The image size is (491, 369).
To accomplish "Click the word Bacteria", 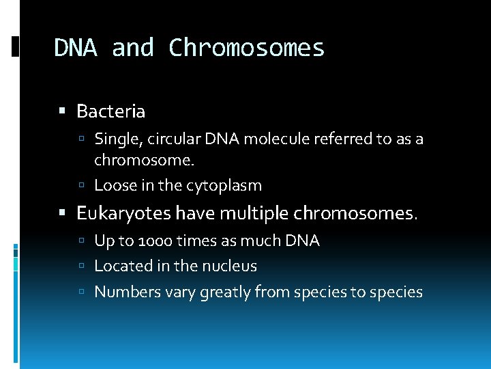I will coord(110,111).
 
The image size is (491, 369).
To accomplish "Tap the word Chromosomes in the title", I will coord(246,48).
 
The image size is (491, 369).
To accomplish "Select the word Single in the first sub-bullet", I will coord(113,140).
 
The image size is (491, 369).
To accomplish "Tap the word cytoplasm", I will coord(222,185).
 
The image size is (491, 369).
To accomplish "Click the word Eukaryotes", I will coord(123,214).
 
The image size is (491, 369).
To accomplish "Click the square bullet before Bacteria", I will coord(63,111).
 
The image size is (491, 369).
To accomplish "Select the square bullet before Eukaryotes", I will coord(63,214).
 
